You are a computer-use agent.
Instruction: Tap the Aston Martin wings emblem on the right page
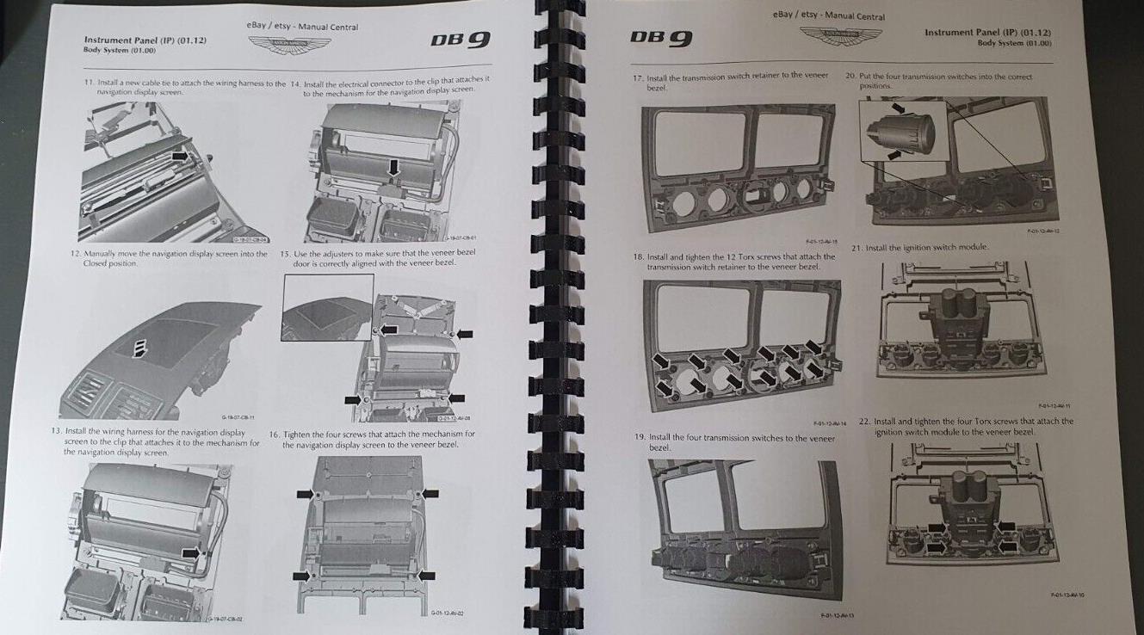(x=840, y=36)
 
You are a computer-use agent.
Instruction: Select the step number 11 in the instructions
(x=88, y=83)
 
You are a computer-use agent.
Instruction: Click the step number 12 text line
(x=168, y=256)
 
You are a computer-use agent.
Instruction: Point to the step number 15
(x=286, y=254)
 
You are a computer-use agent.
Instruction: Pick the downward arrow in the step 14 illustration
(x=394, y=167)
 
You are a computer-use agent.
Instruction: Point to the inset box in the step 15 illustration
(x=327, y=307)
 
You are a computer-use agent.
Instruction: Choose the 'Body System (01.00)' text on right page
(x=1014, y=42)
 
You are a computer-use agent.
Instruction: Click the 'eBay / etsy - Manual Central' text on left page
(x=303, y=27)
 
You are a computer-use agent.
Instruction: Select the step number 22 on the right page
(x=866, y=422)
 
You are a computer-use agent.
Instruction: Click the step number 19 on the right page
(x=640, y=437)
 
